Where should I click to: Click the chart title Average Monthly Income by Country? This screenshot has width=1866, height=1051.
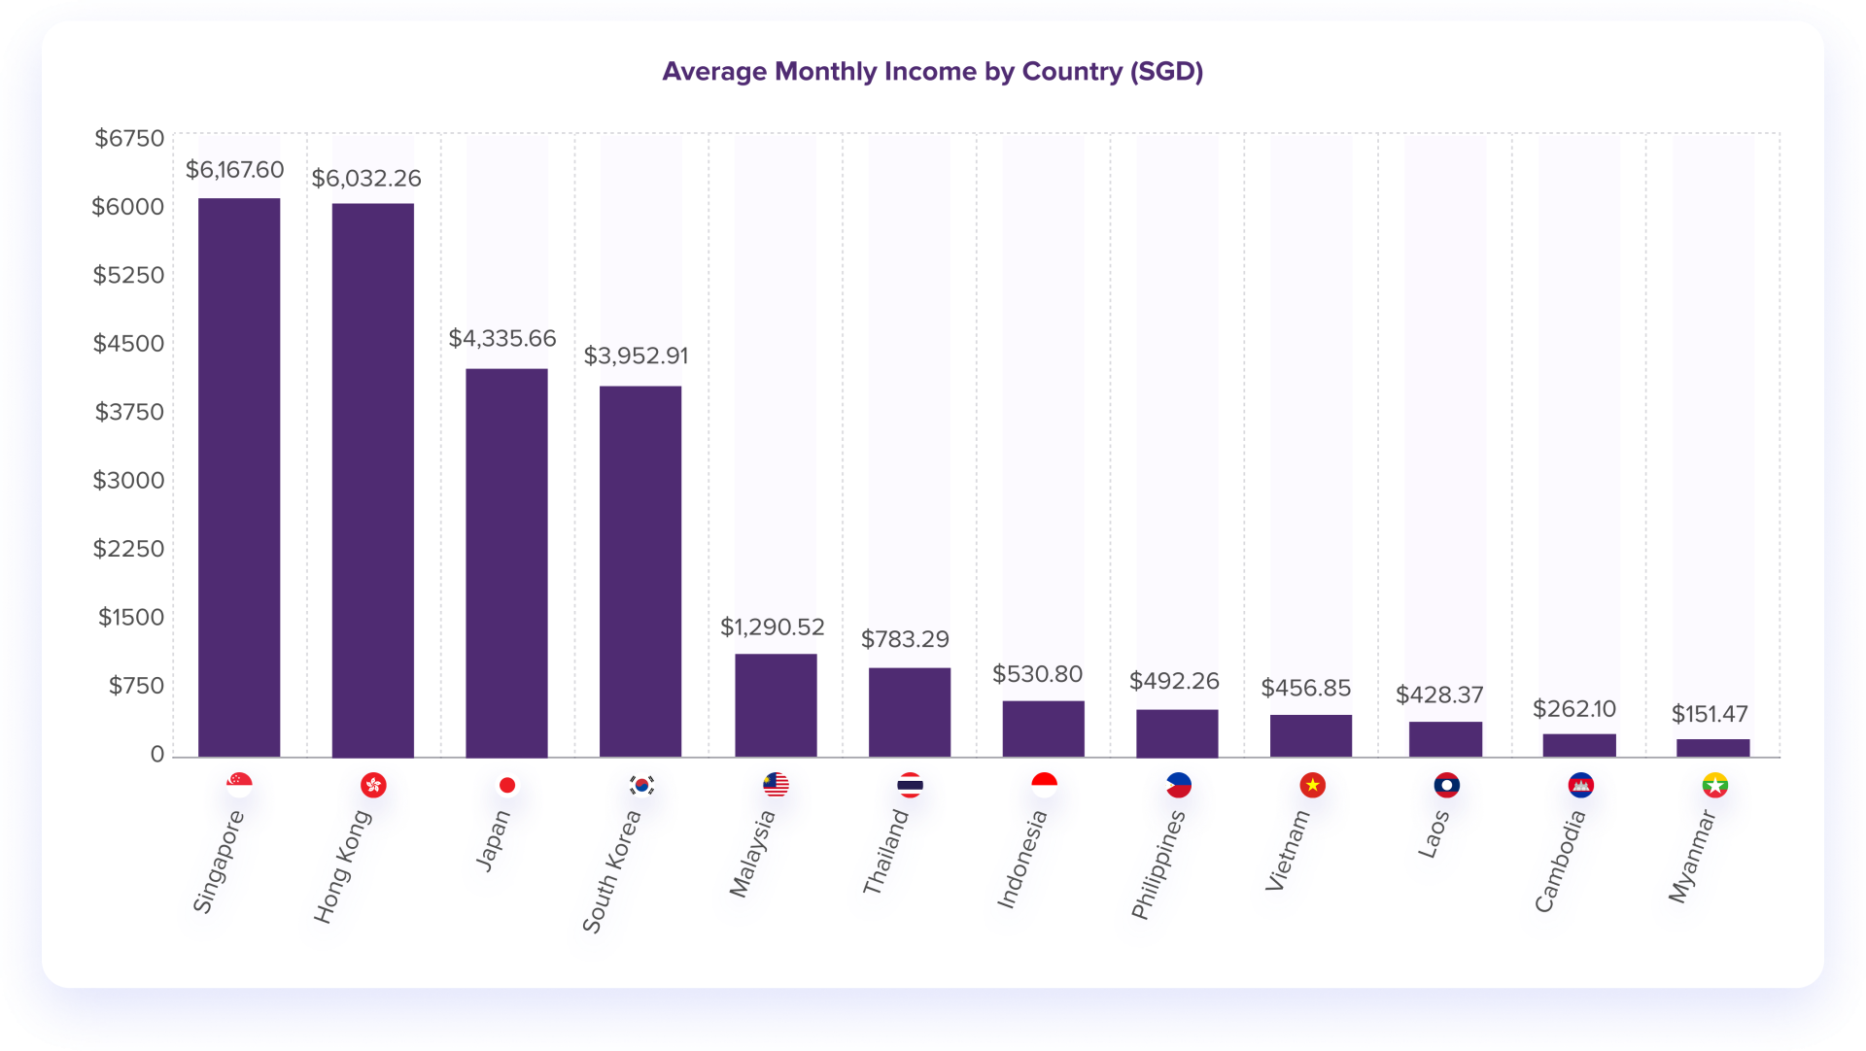932,72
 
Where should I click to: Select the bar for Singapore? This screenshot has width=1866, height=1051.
239,476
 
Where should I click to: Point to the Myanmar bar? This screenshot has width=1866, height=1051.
1712,747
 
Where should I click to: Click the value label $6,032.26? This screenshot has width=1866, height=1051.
366,179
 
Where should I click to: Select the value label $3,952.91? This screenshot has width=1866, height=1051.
636,356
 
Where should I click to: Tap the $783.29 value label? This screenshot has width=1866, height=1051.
905,639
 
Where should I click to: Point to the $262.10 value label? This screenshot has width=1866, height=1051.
1573,709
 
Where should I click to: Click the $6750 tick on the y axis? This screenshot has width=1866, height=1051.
129,139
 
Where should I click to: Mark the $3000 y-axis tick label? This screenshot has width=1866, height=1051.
128,481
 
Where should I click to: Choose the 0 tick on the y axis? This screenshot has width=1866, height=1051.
156,755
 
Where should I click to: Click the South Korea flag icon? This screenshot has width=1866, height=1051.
641,785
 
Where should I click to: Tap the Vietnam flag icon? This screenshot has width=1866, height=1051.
1312,785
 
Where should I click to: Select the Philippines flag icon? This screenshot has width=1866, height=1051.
1178,785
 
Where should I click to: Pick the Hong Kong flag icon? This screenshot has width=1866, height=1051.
373,785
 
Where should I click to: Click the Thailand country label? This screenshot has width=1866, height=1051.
885,852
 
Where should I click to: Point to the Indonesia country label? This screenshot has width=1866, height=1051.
1022,860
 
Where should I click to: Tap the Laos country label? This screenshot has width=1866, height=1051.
1434,834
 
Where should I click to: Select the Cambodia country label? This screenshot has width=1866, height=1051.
1560,862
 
